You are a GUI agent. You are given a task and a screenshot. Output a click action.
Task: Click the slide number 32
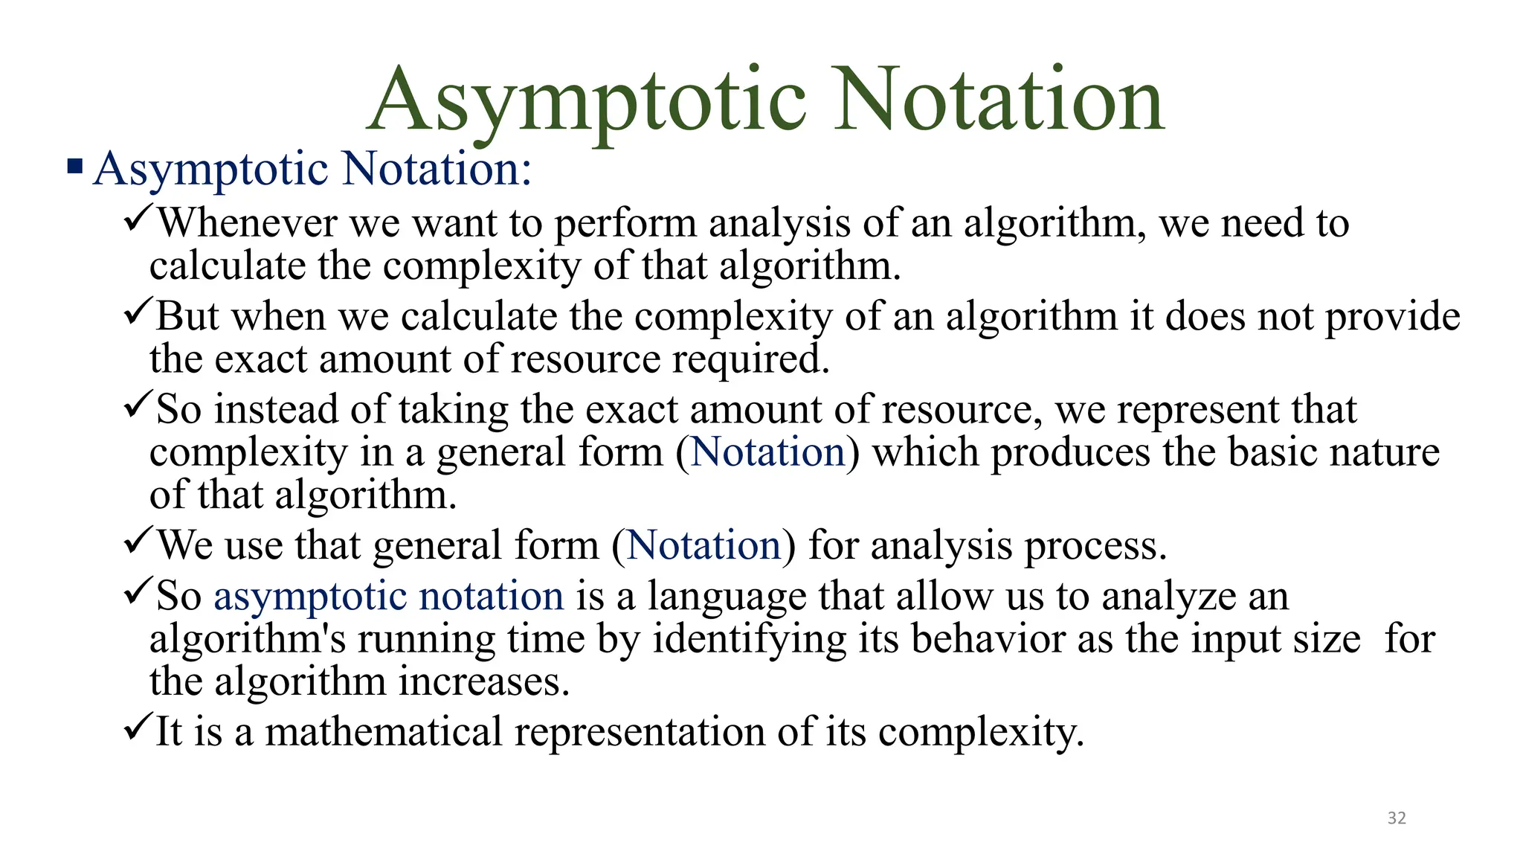1397,818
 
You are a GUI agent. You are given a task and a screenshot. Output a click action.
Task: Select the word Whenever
248,222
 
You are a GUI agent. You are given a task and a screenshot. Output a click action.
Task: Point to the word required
751,359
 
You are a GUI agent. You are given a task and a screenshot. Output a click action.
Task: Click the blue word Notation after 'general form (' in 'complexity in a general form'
768,452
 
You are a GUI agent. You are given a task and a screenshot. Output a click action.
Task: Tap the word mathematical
384,731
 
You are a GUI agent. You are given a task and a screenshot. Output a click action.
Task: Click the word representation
640,733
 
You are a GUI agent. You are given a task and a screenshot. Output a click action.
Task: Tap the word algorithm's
248,641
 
